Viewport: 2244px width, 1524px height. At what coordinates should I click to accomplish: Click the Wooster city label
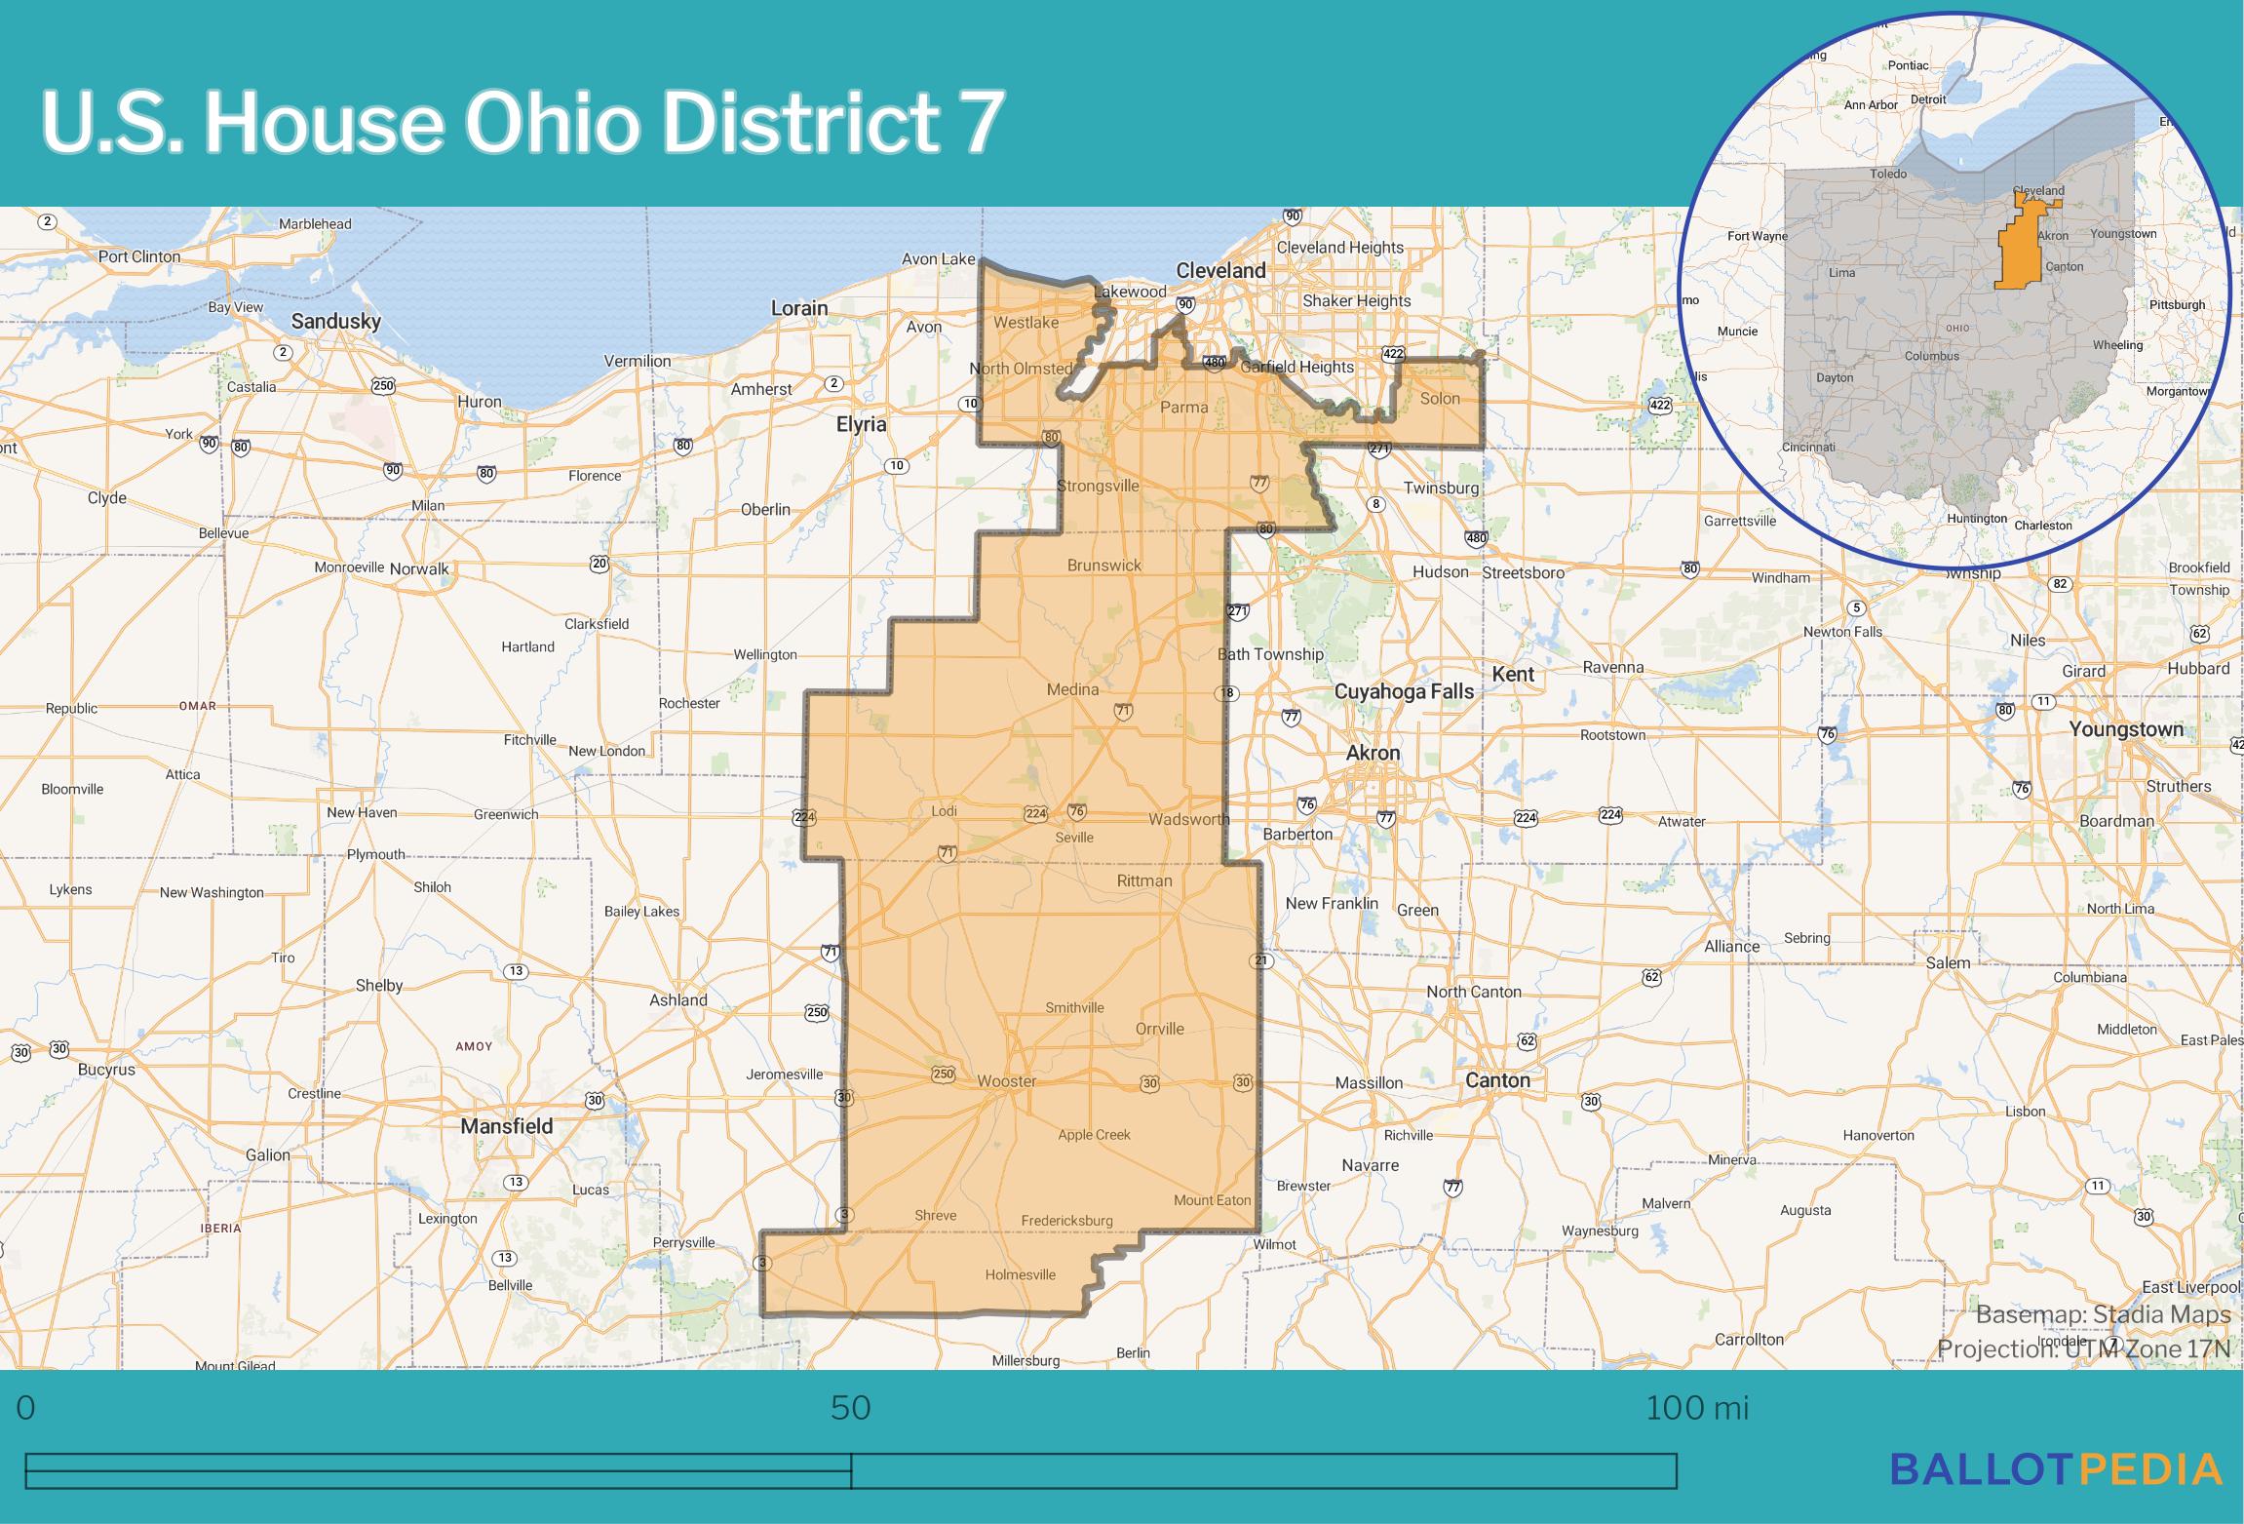1007,1081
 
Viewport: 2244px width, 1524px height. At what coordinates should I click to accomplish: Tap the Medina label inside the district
1072,689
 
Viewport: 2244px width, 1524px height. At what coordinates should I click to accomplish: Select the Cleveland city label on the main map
1220,270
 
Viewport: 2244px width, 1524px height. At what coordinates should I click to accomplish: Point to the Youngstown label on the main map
2126,729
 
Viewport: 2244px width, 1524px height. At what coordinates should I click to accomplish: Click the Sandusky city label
336,321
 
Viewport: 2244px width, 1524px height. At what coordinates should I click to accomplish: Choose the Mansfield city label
506,1126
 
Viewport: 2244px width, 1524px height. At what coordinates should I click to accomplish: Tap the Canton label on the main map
1497,1080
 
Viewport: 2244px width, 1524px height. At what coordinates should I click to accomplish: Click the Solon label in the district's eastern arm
1440,398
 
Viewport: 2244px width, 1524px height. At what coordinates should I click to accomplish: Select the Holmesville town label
1020,1274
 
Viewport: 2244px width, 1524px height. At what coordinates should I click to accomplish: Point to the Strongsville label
1098,486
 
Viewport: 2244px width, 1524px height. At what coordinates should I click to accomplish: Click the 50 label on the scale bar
850,1408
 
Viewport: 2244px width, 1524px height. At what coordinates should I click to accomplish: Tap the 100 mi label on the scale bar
1697,1408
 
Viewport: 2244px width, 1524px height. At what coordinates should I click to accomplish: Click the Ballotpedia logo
2056,1469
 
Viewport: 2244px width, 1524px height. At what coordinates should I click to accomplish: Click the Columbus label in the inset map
1931,356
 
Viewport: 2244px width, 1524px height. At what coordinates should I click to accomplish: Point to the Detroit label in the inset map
1927,99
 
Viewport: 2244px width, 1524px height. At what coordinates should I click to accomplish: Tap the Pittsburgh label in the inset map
2177,304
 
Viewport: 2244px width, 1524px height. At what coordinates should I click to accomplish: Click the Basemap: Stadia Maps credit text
2103,1314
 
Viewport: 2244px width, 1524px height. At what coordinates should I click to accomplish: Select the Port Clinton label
139,256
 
